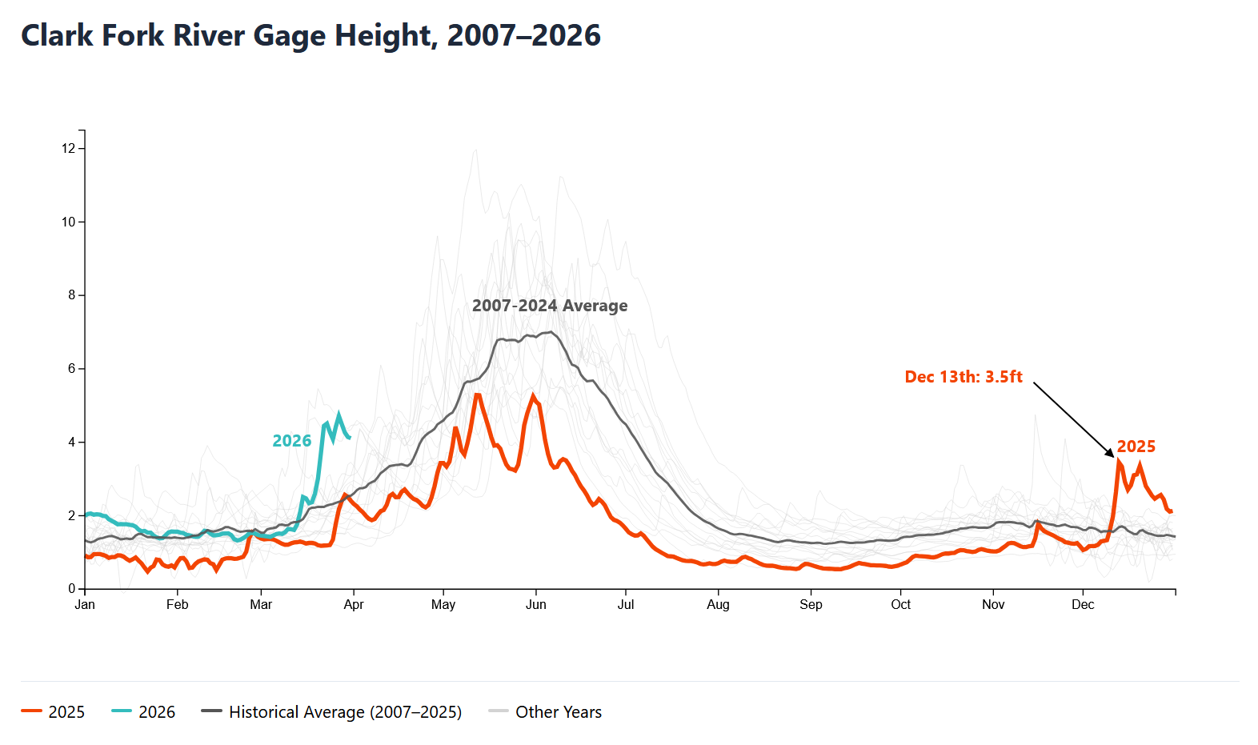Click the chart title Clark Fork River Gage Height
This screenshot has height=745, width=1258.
[310, 36]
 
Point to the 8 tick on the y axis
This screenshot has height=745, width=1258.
[71, 295]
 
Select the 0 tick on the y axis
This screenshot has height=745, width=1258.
[71, 589]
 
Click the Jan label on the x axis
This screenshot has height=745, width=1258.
[85, 605]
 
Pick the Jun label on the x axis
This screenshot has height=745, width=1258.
[536, 605]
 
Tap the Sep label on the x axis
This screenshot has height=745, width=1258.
[811, 605]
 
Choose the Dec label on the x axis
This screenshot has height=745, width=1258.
[1083, 605]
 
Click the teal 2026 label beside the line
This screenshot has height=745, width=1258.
[291, 441]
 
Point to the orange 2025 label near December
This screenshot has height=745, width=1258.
[1136, 447]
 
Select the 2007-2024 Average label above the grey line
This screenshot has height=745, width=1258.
[550, 306]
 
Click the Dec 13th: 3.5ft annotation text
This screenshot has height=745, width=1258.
[964, 377]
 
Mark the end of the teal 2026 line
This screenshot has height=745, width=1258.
[350, 437]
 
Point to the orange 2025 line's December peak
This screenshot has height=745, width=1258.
[1118, 460]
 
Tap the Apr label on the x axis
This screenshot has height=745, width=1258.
[354, 605]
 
